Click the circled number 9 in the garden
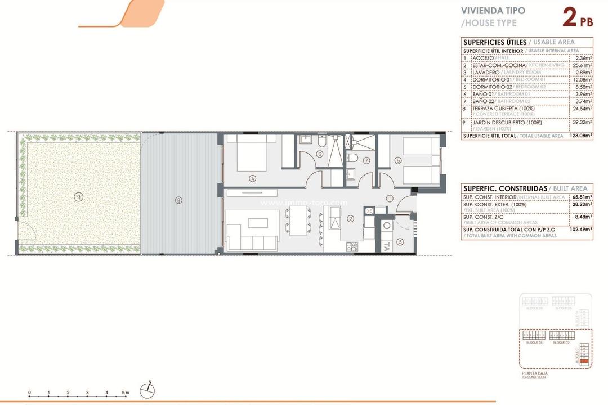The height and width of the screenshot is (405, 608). click(78, 196)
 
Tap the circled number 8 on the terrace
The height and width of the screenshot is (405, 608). click(178, 200)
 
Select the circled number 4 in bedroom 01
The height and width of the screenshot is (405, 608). click(253, 179)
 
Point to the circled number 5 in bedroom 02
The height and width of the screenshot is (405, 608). click(398, 160)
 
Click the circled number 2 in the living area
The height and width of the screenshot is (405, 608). click(350, 219)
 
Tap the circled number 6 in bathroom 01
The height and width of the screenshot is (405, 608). click(319, 154)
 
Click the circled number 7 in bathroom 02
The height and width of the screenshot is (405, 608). click(366, 160)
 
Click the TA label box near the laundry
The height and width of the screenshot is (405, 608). click(386, 245)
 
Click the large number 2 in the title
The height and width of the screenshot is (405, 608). click(570, 18)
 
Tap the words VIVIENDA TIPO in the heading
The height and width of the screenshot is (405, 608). click(493, 11)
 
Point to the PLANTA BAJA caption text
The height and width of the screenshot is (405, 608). click(535, 373)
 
